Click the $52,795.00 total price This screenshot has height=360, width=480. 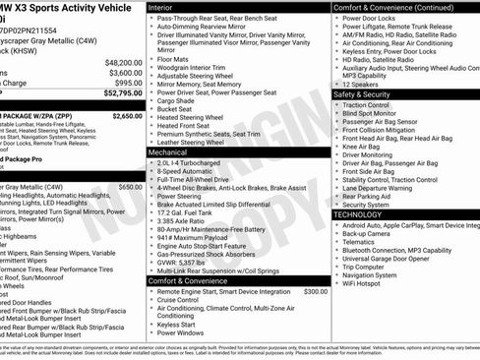pos(116,94)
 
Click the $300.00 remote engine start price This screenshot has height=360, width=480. pos(316,292)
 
